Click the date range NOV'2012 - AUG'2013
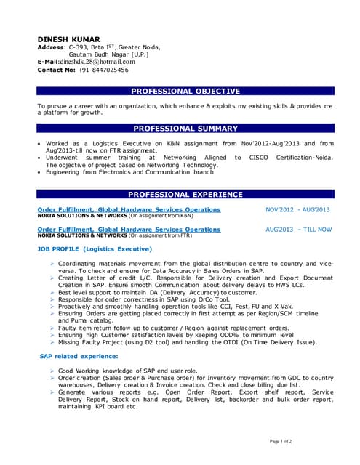298,209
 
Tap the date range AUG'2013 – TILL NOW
299,229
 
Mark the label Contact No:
55,70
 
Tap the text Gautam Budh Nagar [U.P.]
108,54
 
